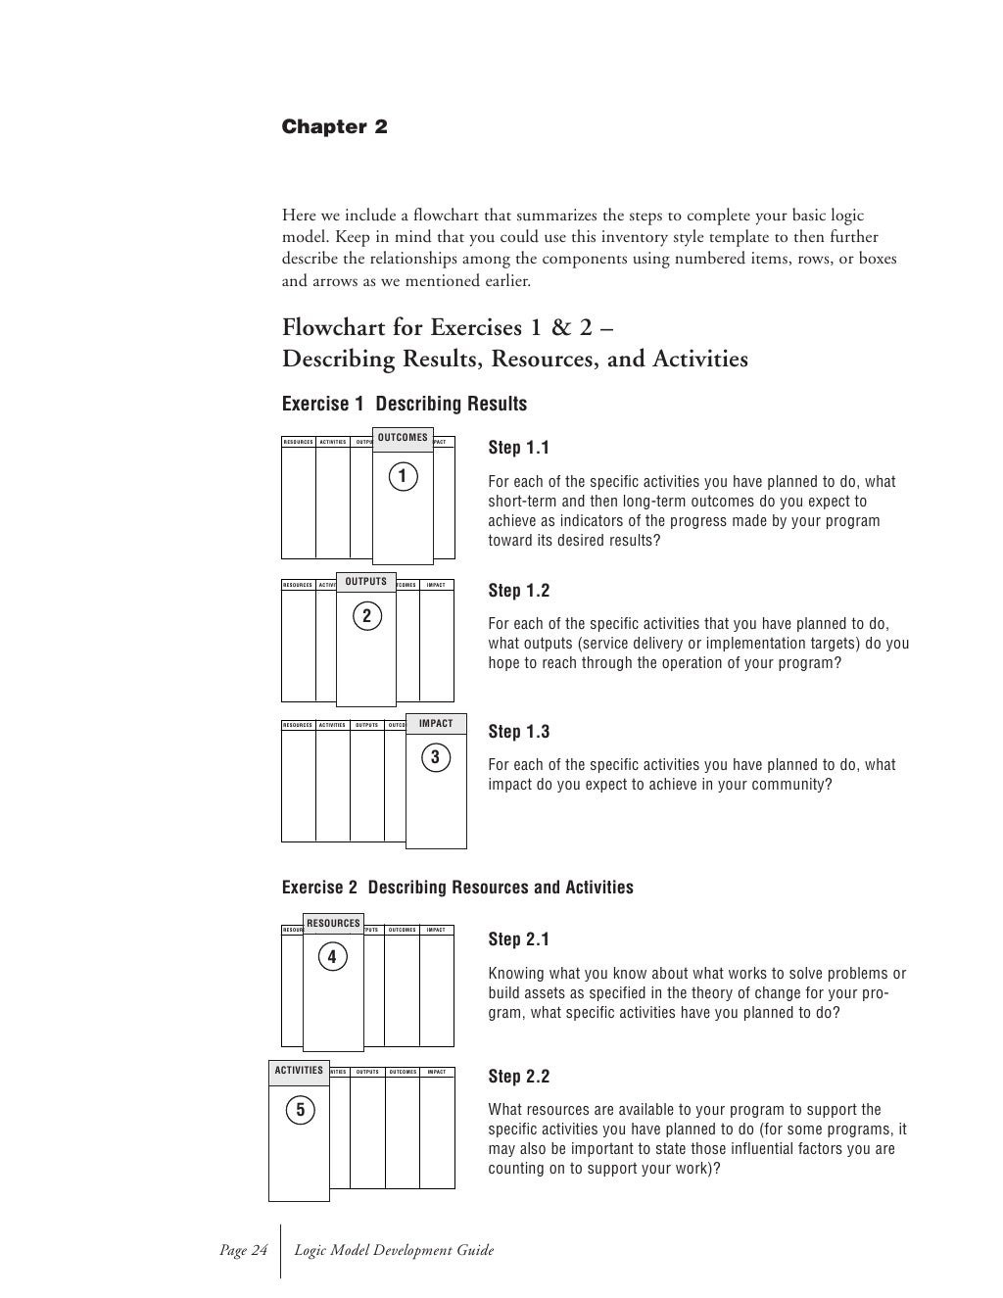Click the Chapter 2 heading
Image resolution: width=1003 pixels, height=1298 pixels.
334,127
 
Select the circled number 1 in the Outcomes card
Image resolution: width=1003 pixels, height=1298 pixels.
402,477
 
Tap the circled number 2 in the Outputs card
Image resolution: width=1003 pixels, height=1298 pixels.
366,616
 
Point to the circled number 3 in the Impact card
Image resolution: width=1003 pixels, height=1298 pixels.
435,758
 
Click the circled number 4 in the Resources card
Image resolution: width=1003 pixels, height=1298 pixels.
332,957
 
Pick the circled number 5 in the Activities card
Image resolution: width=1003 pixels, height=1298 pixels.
300,1110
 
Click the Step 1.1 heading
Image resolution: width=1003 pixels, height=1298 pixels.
518,448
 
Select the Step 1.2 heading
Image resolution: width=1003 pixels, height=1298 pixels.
518,590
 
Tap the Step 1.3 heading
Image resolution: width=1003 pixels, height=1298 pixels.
518,731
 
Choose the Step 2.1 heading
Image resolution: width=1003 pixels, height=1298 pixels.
518,939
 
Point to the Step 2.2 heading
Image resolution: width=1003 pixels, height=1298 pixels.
518,1077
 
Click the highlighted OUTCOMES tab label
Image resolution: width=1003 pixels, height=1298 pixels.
403,438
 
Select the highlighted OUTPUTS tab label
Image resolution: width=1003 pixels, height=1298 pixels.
366,581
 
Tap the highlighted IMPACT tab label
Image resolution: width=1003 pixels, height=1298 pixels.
436,724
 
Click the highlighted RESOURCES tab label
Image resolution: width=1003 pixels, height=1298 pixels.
333,923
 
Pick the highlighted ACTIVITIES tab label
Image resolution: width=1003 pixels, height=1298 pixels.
299,1071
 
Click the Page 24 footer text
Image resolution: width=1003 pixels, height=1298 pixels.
243,1250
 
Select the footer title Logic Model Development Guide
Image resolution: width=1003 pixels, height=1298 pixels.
395,1250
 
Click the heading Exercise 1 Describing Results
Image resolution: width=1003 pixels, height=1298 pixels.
404,404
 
